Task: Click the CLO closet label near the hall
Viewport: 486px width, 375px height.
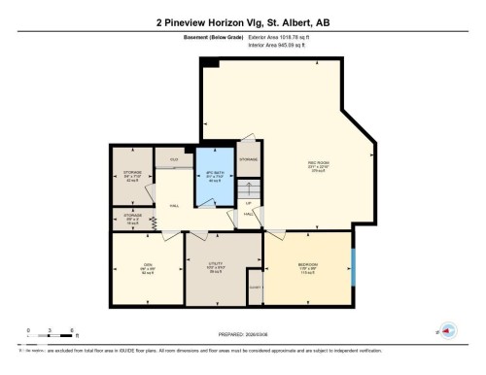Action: tap(173, 158)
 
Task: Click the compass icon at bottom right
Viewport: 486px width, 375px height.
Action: tap(448, 330)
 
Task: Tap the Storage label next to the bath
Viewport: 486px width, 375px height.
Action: tap(249, 157)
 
